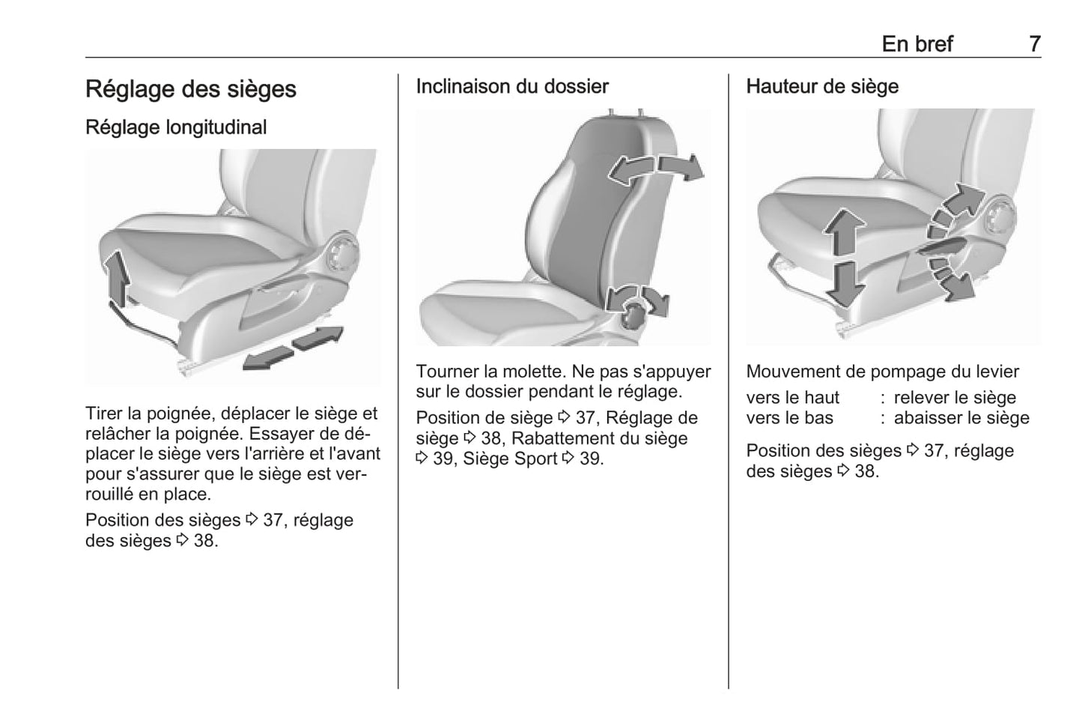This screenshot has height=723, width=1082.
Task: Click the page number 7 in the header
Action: coord(1034,44)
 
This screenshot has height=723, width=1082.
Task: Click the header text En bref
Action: coord(917,44)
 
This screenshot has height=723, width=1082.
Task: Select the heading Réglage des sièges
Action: coord(190,89)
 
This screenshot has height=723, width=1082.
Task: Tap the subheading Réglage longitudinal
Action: coord(176,127)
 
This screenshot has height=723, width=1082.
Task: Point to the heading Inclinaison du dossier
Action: coord(512,87)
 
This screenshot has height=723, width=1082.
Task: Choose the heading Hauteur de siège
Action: coord(822,87)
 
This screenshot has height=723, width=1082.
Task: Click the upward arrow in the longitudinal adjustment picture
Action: coord(117,277)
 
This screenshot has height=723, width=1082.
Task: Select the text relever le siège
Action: coord(955,398)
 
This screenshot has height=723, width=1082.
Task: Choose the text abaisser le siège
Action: coord(961,418)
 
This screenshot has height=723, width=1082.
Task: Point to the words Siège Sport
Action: coord(510,459)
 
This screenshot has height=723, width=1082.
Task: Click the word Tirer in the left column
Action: coord(104,414)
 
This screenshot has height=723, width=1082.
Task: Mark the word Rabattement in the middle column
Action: coord(564,438)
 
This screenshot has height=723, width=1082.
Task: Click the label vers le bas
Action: coord(789,418)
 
